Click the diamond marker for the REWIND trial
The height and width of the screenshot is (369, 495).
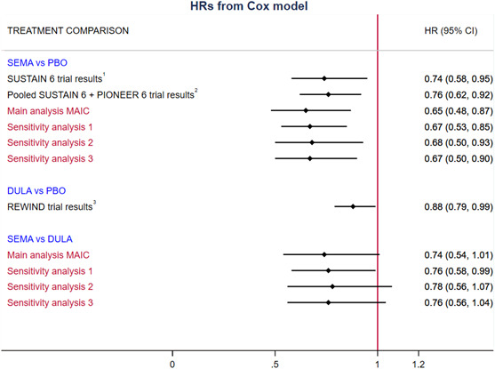(x=353, y=206)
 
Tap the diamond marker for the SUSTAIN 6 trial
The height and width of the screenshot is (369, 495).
(x=324, y=79)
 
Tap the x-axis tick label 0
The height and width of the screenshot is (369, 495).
(x=172, y=363)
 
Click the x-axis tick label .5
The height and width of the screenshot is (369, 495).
(x=275, y=363)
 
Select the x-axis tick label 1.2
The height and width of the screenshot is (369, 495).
(x=419, y=363)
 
